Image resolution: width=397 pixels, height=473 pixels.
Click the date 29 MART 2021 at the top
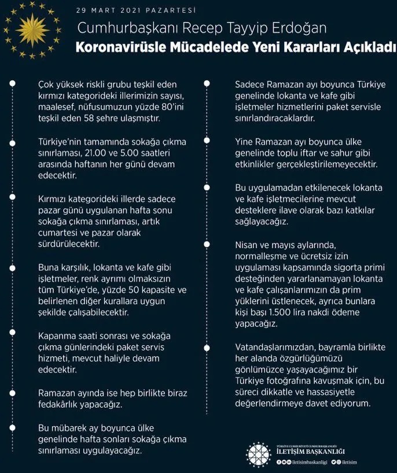coord(110,10)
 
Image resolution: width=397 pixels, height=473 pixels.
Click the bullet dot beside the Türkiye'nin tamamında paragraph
coord(12,141)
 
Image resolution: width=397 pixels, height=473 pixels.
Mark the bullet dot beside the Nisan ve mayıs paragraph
coord(208,245)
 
